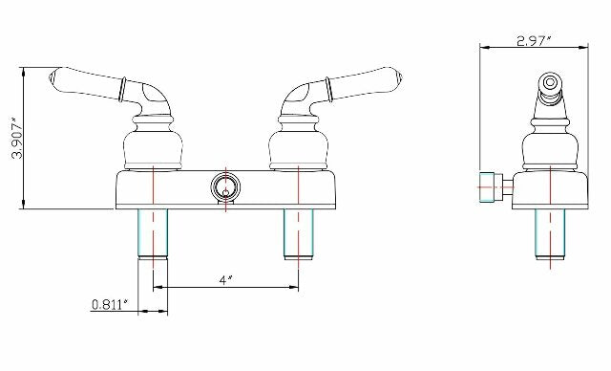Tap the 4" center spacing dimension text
(x=225, y=279)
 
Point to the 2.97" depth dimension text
(x=536, y=40)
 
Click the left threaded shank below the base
(x=154, y=232)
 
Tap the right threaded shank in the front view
(x=299, y=232)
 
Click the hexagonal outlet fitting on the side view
(x=489, y=186)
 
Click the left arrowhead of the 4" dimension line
(x=158, y=288)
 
